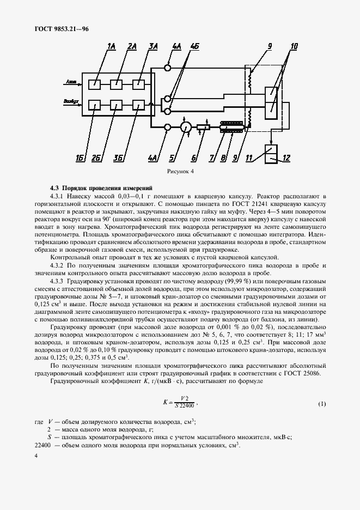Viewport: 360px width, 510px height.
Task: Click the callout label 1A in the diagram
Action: coord(111,47)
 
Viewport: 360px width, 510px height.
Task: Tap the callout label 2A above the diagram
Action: coord(132,47)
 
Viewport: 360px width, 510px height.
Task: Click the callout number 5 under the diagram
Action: coord(172,159)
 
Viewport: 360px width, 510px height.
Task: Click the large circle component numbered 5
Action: coord(186,127)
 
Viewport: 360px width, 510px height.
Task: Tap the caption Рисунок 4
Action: coord(180,171)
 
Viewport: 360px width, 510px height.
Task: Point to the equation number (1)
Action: coord(321,404)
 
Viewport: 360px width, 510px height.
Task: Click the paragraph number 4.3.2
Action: coord(59,265)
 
